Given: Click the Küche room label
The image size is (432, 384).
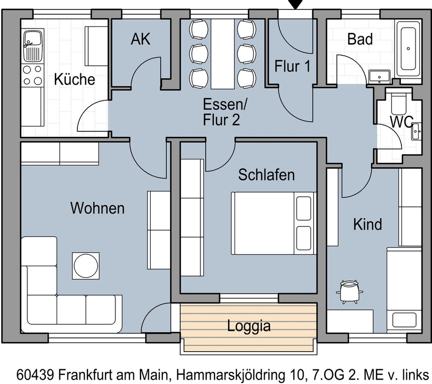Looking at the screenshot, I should (75, 80).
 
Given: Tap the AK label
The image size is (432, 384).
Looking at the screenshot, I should (140, 39).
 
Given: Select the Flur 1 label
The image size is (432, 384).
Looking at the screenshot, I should (292, 67).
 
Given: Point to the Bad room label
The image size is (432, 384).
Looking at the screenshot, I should (360, 39).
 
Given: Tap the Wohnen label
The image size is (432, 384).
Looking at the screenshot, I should (97, 208).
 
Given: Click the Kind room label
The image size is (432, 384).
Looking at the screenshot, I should (367, 224).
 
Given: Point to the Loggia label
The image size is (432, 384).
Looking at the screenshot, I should (249, 325).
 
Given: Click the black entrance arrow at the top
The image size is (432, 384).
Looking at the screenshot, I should (295, 5).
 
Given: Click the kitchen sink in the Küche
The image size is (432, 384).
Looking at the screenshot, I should (32, 45).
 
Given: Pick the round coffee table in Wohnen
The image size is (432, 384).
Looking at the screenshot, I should (86, 266).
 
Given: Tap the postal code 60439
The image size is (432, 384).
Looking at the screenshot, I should (36, 375).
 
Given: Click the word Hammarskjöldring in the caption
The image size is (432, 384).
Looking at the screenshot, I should (236, 375).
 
